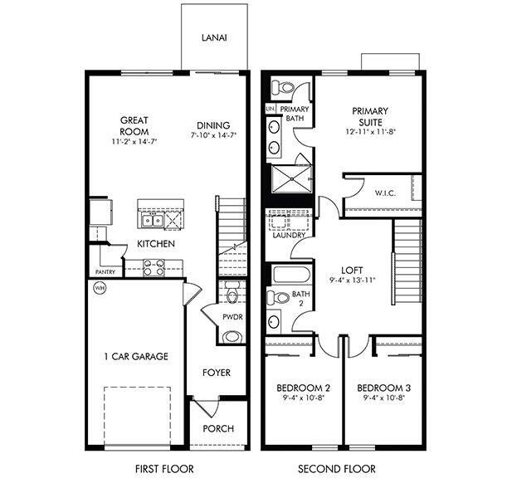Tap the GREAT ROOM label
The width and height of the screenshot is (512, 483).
(134, 126)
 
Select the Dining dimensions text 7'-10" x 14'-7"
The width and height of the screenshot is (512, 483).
(214, 134)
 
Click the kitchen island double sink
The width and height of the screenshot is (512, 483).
(151, 219)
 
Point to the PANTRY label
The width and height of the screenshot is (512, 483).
(106, 271)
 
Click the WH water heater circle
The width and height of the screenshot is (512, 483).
(100, 288)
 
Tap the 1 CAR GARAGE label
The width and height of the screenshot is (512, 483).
(136, 357)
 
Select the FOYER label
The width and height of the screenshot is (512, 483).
(217, 373)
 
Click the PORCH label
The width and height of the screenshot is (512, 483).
(218, 429)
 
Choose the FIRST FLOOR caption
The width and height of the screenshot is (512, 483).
(158, 469)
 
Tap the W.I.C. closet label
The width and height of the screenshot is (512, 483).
(385, 194)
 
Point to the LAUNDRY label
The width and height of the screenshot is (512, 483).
(288, 235)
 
